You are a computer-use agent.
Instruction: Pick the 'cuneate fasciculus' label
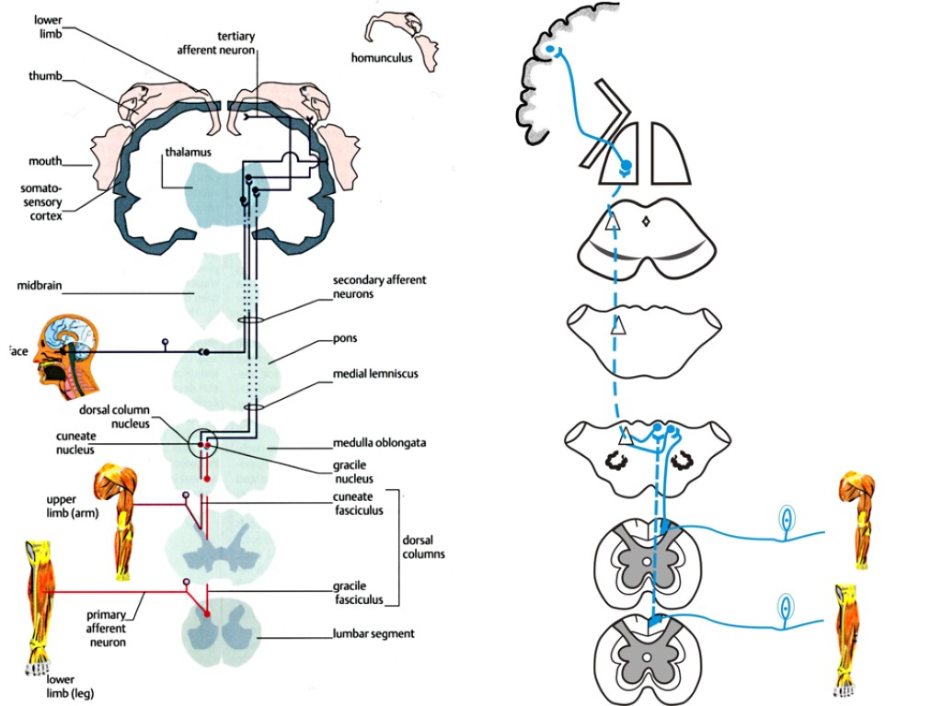[358, 504]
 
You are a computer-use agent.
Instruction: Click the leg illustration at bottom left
[37, 616]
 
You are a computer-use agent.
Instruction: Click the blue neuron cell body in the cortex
[550, 50]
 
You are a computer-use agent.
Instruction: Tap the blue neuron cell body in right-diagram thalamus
[626, 165]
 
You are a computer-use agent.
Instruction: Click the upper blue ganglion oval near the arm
[787, 521]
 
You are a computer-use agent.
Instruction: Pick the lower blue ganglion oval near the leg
[785, 609]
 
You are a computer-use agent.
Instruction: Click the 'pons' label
[346, 339]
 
